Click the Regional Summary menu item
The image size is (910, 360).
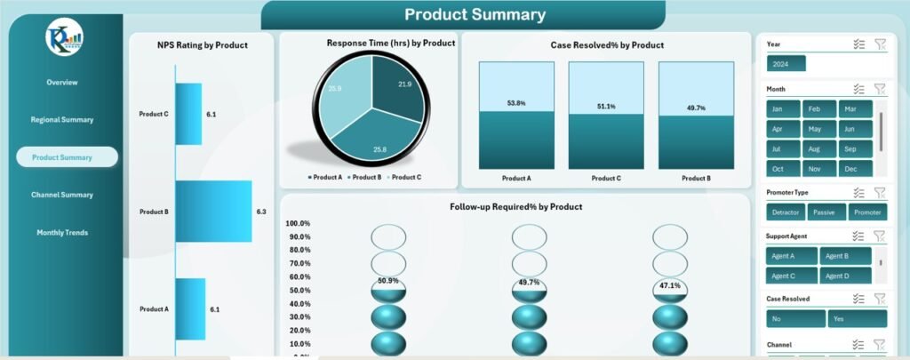click(61, 119)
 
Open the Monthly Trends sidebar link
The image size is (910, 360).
click(61, 233)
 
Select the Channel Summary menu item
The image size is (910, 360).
click(61, 195)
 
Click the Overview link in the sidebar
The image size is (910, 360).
click(62, 82)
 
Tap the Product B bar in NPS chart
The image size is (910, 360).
click(213, 212)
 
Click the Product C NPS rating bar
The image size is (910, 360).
click(188, 114)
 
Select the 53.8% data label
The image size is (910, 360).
click(516, 103)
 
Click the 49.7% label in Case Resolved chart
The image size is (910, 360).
click(695, 108)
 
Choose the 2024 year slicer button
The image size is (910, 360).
click(786, 64)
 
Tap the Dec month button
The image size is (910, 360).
click(851, 169)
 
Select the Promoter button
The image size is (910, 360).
click(867, 212)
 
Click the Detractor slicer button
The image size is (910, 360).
click(786, 212)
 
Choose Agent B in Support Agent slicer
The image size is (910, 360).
click(835, 256)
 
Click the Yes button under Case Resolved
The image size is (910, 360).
click(858, 318)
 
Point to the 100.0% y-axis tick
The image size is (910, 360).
click(298, 223)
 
